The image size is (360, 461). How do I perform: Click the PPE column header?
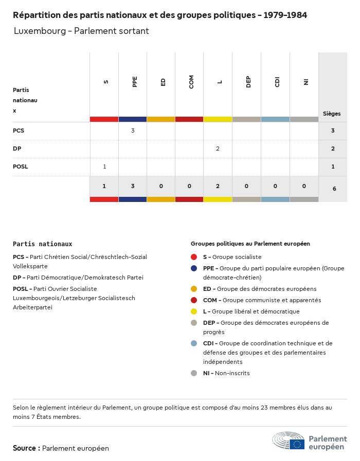click(x=135, y=82)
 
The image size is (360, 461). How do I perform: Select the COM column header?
click(x=191, y=82)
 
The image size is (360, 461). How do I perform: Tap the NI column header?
click(x=306, y=82)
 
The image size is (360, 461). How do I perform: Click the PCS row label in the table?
click(x=19, y=131)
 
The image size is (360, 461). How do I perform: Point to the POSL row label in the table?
click(x=21, y=167)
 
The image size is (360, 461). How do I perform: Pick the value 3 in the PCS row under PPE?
click(x=133, y=131)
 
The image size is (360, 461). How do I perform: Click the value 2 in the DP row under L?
click(x=218, y=149)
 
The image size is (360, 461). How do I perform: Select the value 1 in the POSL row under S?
click(x=104, y=167)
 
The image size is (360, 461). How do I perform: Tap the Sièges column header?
click(x=332, y=114)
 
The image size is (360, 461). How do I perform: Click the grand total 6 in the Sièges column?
click(x=334, y=189)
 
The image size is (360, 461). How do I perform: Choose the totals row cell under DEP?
click(x=246, y=186)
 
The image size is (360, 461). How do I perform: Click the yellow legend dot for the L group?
click(x=194, y=311)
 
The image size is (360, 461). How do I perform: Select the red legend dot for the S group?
click(x=194, y=257)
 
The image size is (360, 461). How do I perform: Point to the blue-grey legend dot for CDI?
click(x=194, y=343)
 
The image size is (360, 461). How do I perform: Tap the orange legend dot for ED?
click(x=194, y=289)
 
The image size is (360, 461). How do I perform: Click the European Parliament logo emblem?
click(x=289, y=441)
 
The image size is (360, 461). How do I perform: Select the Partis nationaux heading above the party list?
click(x=42, y=244)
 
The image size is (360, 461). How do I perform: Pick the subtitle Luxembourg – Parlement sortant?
click(x=81, y=31)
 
